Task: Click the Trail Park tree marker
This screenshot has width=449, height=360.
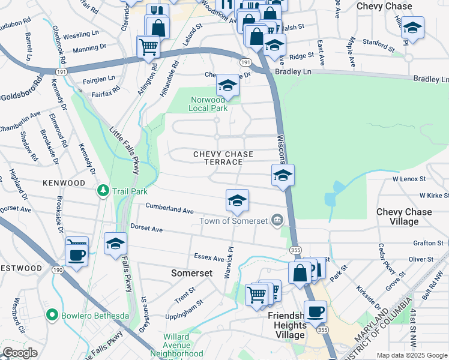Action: pos(104,191)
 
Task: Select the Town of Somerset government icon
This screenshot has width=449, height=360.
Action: pos(277,220)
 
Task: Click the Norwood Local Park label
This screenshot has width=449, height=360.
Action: pos(208,104)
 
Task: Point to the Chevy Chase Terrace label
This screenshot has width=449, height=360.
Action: pos(223,158)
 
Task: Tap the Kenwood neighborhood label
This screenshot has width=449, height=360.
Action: pos(64,182)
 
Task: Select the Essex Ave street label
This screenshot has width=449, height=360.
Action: pos(209,257)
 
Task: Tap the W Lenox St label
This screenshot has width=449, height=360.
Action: pos(409,179)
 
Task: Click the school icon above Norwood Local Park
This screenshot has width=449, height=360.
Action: pos(228,86)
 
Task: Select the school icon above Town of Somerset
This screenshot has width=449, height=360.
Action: pos(237,200)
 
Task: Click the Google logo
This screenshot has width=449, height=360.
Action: pos(20,353)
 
